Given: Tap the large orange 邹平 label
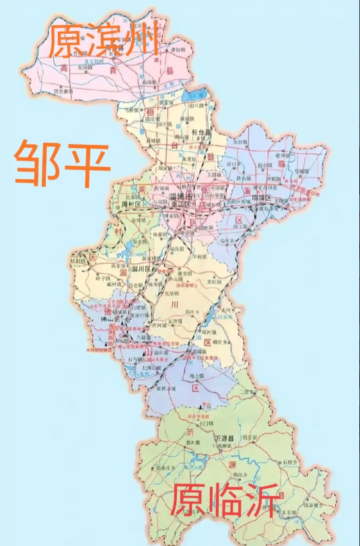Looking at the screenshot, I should tap(62, 164).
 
